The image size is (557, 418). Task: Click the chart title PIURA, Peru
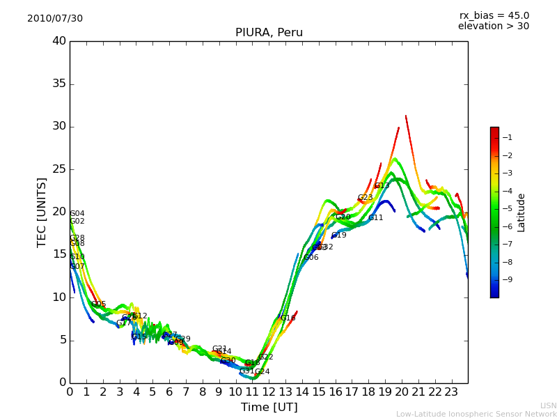pos(269,33)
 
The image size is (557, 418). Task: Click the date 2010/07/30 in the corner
pos(55,19)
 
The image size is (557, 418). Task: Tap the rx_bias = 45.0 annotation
pos(494,16)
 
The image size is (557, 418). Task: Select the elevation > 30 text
pos(493,26)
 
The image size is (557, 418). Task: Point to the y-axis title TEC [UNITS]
pos(42,212)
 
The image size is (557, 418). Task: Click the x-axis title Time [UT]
pos(269,408)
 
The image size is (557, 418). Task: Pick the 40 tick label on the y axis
pos(59,41)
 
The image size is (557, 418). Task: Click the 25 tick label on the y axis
pos(59,169)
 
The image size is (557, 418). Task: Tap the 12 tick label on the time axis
pos(269,392)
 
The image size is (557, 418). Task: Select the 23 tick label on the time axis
pos(451,392)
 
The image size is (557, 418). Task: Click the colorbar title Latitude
pos(521,212)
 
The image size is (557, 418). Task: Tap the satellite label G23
pos(366,198)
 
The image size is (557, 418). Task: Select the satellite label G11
pos(376,218)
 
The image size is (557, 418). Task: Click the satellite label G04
pos(77,214)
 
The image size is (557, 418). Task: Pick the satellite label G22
pos(265,357)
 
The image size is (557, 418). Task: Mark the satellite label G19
pos(339,235)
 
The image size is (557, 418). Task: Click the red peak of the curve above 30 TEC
pos(406,116)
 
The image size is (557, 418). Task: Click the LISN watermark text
pos(548,405)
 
